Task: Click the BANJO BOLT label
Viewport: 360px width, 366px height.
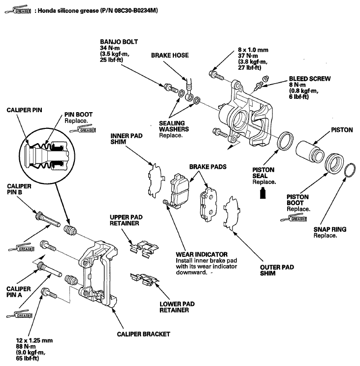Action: (119, 42)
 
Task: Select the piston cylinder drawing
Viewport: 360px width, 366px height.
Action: (310, 152)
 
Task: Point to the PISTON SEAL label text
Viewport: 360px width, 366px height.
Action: (263, 173)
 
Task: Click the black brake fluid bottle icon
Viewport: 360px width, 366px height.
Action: (263, 193)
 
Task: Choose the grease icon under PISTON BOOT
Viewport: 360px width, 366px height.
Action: (294, 219)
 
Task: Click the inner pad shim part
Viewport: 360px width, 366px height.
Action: (156, 181)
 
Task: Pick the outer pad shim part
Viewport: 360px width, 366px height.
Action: (232, 213)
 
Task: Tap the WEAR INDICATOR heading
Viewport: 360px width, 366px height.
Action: (201, 254)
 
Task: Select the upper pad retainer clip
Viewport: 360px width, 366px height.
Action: (144, 249)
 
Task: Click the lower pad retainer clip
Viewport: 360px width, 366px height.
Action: (144, 279)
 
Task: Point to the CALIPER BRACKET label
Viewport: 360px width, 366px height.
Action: (143, 334)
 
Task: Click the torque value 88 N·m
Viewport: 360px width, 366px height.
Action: (26, 346)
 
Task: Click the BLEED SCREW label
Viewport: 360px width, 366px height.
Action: (310, 79)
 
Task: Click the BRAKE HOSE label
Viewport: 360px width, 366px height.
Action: (170, 55)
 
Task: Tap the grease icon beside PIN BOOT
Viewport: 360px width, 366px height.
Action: (83, 129)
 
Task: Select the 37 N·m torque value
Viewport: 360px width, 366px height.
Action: (248, 56)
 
